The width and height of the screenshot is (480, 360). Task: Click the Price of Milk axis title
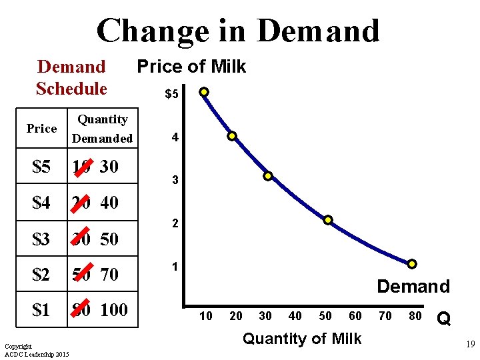click(191, 66)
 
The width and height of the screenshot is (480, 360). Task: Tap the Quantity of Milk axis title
click(301, 339)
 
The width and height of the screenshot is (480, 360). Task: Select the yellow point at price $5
click(204, 91)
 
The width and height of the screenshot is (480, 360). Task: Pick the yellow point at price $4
click(232, 136)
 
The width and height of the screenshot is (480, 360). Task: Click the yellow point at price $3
click(267, 176)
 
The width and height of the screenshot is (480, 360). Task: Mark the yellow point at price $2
click(328, 220)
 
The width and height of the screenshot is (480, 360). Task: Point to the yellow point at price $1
click(412, 264)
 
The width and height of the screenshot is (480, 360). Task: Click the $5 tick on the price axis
click(171, 94)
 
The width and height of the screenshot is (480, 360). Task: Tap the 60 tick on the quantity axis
click(355, 316)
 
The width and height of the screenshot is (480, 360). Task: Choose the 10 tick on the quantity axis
click(206, 316)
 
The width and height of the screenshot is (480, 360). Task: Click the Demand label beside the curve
click(413, 287)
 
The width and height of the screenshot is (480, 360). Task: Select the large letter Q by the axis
click(444, 320)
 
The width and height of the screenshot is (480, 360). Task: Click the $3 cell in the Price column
click(41, 239)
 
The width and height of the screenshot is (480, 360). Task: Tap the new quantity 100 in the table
click(114, 309)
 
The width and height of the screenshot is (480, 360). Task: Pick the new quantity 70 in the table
click(109, 274)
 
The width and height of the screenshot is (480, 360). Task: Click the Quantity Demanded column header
click(103, 129)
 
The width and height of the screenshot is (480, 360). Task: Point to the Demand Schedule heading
click(71, 77)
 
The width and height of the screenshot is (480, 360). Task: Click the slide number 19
click(469, 345)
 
